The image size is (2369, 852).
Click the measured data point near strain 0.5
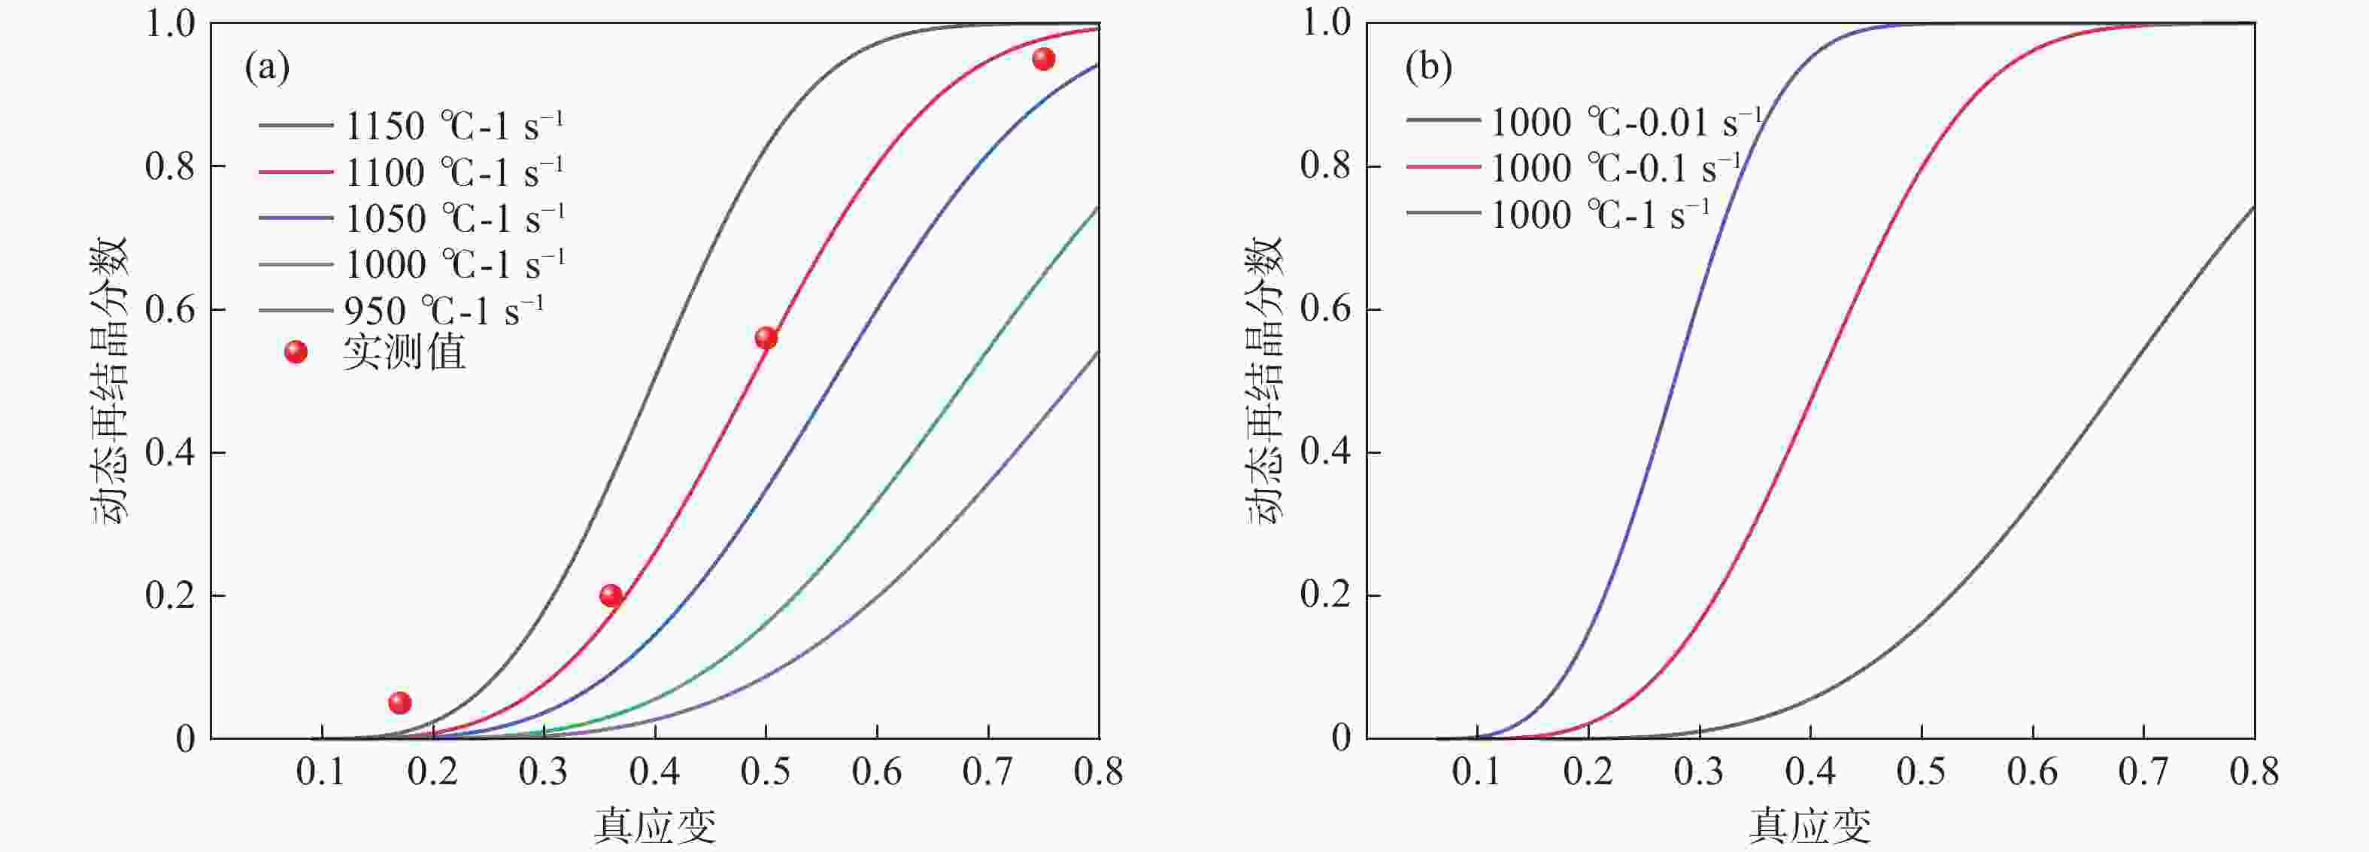coord(766,338)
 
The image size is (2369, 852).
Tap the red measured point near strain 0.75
coord(1043,59)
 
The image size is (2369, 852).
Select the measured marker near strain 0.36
coord(611,595)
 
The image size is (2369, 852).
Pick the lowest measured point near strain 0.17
coord(399,703)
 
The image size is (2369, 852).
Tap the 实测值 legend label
coord(404,352)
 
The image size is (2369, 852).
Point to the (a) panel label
coord(267,68)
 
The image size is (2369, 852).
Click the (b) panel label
coord(1428,68)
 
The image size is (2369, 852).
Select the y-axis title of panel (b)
coord(1263,380)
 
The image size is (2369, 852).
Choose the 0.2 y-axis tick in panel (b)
coord(1325,596)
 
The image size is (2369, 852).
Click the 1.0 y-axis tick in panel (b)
coord(1325,23)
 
